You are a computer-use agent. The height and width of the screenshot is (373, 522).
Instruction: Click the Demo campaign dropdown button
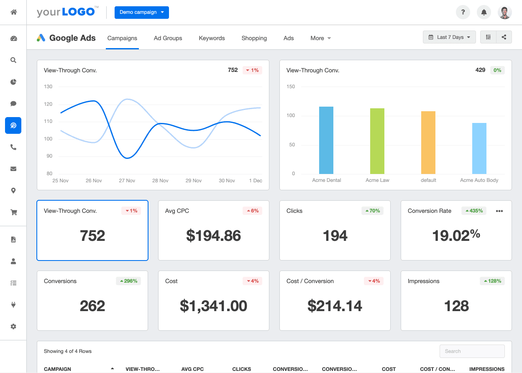141,12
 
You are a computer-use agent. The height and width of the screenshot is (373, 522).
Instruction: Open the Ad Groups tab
168,38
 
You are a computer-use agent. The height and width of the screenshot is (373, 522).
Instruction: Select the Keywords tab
212,38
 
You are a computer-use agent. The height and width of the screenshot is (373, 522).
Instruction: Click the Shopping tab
254,38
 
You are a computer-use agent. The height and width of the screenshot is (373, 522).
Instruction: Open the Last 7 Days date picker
449,37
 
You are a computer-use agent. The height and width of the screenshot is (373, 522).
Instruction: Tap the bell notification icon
484,12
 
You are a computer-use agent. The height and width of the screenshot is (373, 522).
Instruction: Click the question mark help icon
463,12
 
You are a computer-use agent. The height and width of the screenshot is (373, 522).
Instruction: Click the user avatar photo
505,12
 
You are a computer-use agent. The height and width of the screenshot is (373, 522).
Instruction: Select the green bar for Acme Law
377,141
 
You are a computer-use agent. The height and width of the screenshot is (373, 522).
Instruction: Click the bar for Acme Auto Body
479,148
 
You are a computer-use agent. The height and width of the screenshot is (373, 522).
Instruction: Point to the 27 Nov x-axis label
127,181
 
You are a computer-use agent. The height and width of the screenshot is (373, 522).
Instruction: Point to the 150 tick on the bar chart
290,87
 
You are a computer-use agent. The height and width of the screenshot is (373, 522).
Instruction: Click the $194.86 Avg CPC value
213,236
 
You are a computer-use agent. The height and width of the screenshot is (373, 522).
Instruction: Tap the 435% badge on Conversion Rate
474,211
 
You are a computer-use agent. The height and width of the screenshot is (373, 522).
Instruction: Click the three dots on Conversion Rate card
499,211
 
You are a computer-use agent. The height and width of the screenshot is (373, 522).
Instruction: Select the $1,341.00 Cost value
213,306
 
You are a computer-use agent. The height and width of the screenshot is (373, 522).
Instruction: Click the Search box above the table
472,351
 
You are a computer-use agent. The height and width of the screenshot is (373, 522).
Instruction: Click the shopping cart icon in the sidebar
13,212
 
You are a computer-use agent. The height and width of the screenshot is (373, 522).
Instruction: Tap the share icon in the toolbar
504,37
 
